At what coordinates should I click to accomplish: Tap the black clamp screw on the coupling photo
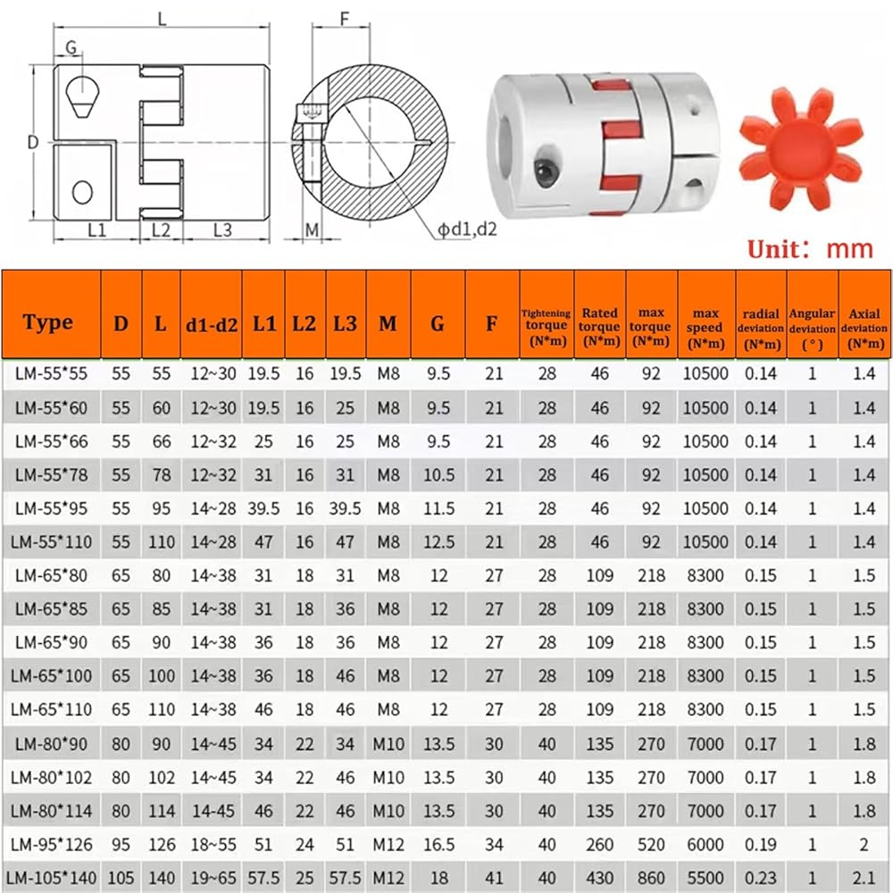546,169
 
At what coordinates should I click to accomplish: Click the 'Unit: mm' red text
810,249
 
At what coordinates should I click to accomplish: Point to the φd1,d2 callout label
466,229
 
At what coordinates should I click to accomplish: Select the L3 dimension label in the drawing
222,230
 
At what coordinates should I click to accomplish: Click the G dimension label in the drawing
71,46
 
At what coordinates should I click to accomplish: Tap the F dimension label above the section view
344,19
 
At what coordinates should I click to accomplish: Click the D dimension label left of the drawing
33,142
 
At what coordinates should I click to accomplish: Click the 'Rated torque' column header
600,327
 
